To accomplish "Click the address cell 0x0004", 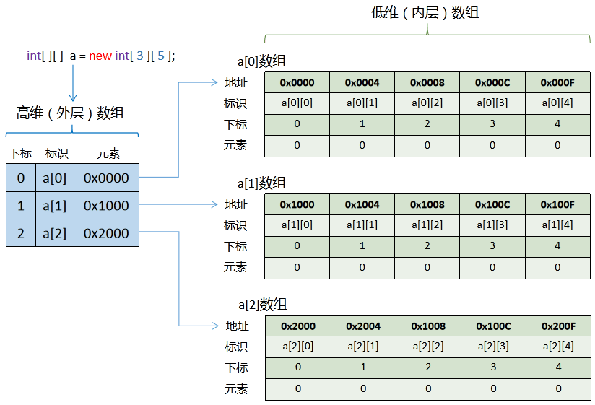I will click(362, 82).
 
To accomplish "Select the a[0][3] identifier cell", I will click(492, 103).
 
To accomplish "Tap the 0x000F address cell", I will click(557, 82).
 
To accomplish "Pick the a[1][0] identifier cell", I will click(297, 225).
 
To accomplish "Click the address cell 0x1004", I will click(362, 204).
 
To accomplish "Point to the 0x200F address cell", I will click(558, 326).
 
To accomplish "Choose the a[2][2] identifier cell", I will click(428, 347).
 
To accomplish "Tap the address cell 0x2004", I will click(362, 326).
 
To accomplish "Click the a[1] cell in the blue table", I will click(54, 206).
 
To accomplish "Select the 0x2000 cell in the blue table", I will click(106, 233).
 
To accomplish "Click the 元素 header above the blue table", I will click(108, 153).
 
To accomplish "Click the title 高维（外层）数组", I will click(70, 113).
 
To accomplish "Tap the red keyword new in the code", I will click(100, 56).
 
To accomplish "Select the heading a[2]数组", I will click(263, 305).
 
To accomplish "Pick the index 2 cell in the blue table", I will click(20, 233).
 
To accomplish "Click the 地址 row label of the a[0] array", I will click(237, 82).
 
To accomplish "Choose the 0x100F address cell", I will click(557, 204).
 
